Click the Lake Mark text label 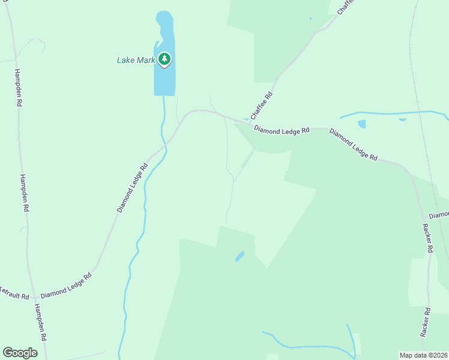[136, 60]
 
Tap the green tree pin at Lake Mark [164, 59]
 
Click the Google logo [20, 353]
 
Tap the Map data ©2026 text [423, 355]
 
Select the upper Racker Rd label [428, 239]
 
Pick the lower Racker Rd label [426, 323]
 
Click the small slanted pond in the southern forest [240, 256]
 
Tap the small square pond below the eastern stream [361, 124]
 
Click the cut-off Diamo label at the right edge [439, 215]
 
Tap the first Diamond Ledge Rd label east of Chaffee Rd [281, 130]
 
